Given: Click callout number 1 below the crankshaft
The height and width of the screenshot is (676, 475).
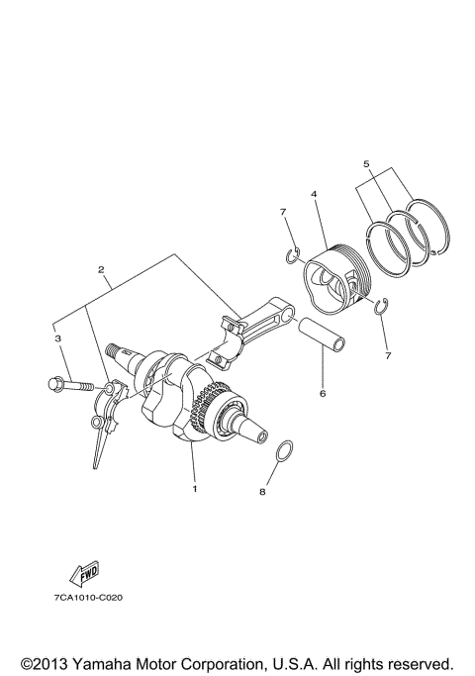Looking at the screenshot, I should tap(195, 488).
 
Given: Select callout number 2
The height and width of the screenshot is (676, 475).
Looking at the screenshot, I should tap(101, 269).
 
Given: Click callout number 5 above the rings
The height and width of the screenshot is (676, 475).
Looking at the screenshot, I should tap(365, 163).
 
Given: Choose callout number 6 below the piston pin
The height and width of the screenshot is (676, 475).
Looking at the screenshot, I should tap(323, 393).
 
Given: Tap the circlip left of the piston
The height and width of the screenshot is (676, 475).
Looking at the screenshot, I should tap(291, 256).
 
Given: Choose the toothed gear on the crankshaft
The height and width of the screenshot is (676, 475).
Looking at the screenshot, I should tap(211, 405).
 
